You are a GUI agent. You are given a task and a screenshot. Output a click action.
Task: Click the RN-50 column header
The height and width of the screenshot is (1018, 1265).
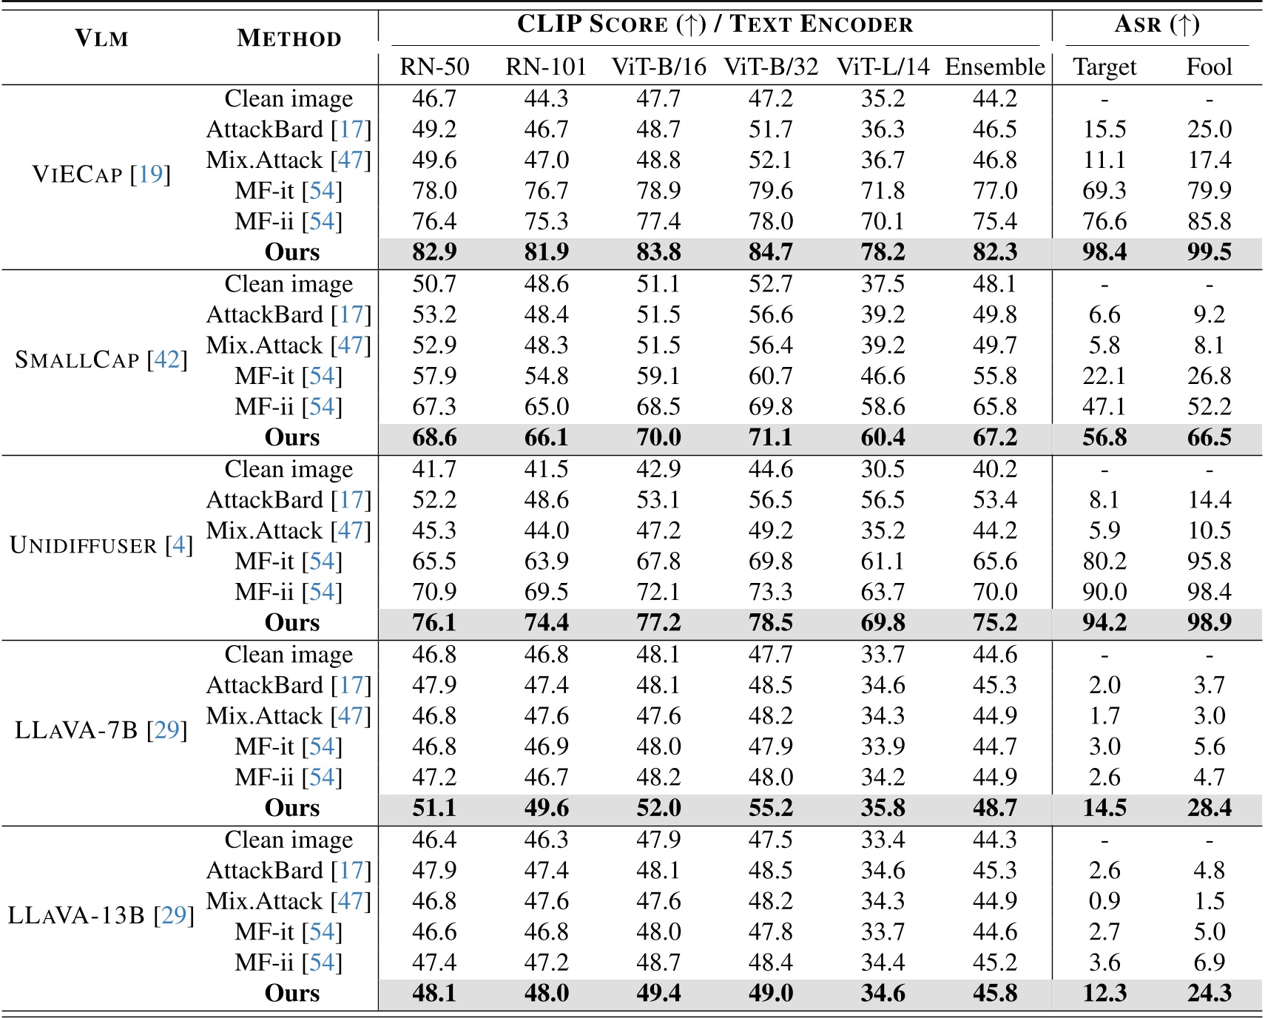click(434, 67)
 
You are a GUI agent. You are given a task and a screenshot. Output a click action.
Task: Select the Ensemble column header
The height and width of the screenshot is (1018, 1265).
click(994, 67)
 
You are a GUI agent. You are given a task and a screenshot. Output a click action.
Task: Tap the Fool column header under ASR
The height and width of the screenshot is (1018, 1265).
click(1209, 67)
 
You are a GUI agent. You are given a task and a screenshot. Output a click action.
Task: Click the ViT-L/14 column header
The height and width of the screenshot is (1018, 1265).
click(883, 67)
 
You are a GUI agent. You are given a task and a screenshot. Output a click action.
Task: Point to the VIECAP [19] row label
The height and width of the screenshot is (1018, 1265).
click(101, 175)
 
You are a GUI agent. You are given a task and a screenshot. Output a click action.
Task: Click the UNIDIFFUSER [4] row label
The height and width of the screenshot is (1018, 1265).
click(101, 545)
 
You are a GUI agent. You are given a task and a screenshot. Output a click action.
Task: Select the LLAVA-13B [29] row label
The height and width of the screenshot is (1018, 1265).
click(101, 916)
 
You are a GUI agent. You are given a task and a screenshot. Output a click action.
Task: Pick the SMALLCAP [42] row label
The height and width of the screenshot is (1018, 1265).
click(101, 360)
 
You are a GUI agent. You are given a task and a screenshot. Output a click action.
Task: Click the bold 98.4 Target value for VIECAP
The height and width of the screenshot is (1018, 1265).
click(1104, 252)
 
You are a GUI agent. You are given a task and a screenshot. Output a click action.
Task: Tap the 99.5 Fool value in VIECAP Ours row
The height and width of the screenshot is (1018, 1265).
click(1209, 252)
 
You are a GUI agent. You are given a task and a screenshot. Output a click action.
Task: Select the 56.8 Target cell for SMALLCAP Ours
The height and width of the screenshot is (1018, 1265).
click(1104, 438)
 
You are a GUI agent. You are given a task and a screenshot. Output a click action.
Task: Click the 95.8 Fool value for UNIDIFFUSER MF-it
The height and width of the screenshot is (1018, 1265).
click(1209, 562)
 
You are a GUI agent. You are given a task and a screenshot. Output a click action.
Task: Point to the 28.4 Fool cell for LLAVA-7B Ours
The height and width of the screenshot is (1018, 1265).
click(1209, 808)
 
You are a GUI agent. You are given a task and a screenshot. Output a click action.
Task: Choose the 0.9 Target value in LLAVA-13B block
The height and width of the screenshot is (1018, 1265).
click(1104, 901)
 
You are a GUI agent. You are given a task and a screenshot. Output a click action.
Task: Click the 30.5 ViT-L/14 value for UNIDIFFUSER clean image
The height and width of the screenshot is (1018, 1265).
click(883, 469)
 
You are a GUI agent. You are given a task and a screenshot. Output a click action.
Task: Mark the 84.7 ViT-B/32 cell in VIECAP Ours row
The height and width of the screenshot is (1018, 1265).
click(770, 252)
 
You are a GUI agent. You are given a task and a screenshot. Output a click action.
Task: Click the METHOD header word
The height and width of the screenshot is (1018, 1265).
click(289, 38)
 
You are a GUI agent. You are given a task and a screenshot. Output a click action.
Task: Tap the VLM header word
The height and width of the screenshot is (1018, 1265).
click(101, 38)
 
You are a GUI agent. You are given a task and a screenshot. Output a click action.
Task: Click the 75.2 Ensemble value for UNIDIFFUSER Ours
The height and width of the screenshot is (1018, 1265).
click(994, 623)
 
